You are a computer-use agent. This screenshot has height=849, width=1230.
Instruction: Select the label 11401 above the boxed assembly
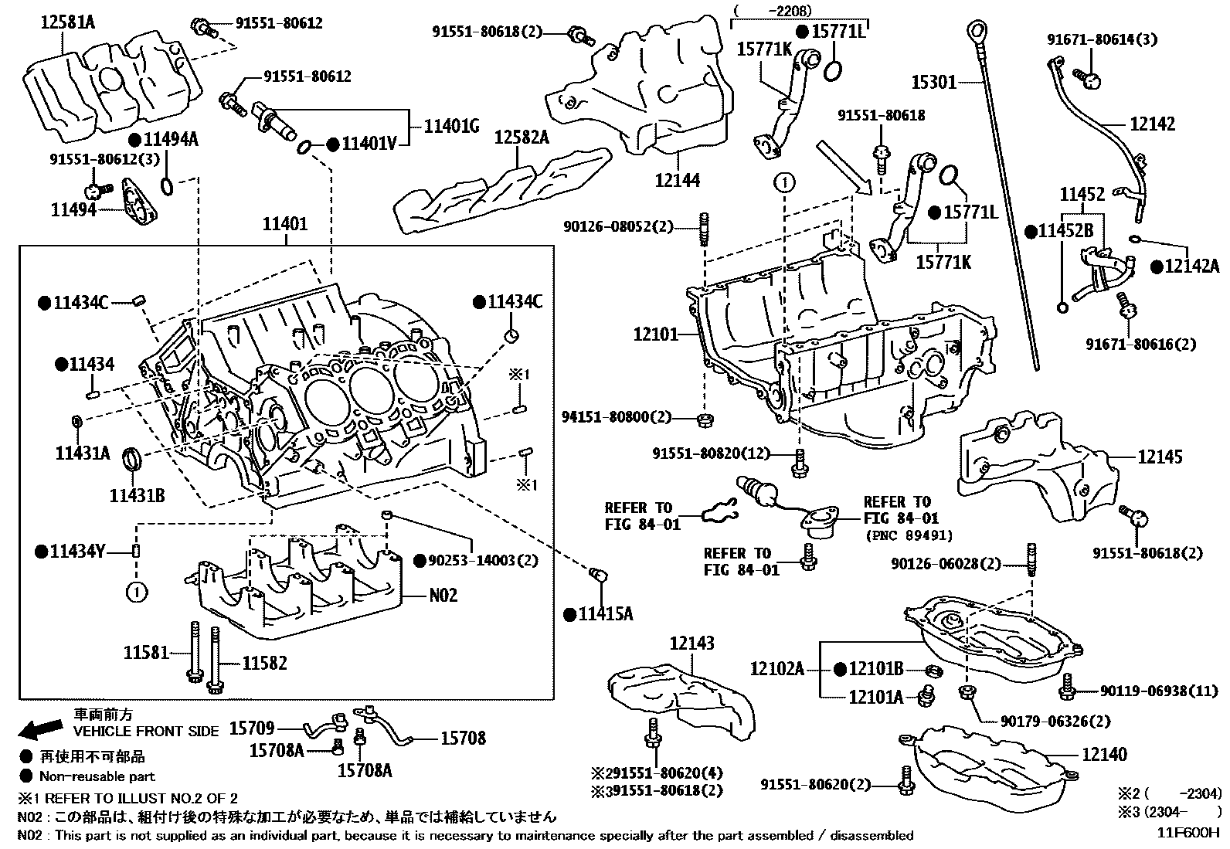pos(285,225)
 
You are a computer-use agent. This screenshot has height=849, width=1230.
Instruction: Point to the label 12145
pos(1160,457)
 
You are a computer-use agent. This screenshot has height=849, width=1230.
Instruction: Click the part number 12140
pos(1104,754)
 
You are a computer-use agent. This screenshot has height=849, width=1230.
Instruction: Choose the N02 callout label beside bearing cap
pos(443,595)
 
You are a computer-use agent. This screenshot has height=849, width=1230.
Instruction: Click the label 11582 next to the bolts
pos(264,663)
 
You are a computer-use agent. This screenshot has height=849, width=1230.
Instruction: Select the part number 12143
pos(691,643)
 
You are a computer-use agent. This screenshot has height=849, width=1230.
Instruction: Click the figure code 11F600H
pos(1188,834)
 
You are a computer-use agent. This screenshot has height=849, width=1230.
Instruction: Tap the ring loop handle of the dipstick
pos(976,32)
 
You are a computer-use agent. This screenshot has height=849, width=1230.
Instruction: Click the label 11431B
pos(137,495)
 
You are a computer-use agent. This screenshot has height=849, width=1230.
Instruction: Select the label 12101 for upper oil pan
pos(655,335)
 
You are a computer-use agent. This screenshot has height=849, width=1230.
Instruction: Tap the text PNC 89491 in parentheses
pos(908,535)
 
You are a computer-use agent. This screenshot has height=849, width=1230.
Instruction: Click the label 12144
pos(677,180)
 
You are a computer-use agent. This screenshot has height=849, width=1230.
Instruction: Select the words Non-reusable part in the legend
pos(97,776)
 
